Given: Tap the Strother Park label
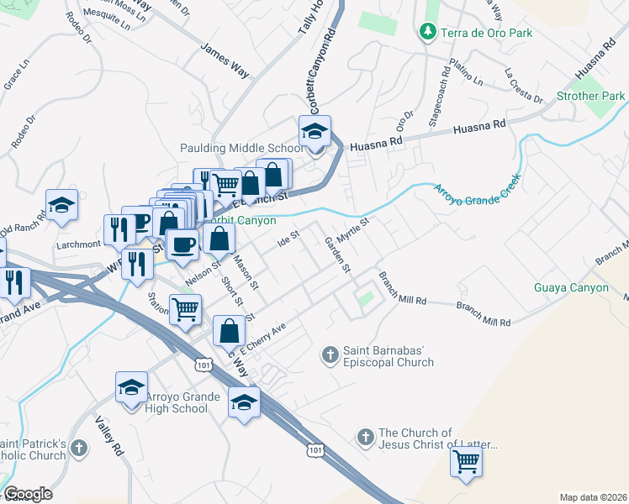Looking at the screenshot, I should tap(590, 97).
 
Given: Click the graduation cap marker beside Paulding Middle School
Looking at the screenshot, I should tap(314, 133).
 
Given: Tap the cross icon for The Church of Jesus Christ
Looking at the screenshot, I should tap(365, 437).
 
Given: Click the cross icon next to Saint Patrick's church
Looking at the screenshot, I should tap(79, 449).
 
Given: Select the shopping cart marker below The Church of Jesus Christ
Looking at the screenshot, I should tap(466, 461).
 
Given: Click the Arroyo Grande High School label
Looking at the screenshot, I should tap(177, 402).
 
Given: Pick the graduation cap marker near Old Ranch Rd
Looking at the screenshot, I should tap(61, 206).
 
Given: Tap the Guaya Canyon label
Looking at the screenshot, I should tap(571, 287).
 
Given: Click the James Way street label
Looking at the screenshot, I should tap(225, 61).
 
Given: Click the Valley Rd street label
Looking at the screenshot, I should tap(109, 436).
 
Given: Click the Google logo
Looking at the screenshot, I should tap(28, 494).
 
